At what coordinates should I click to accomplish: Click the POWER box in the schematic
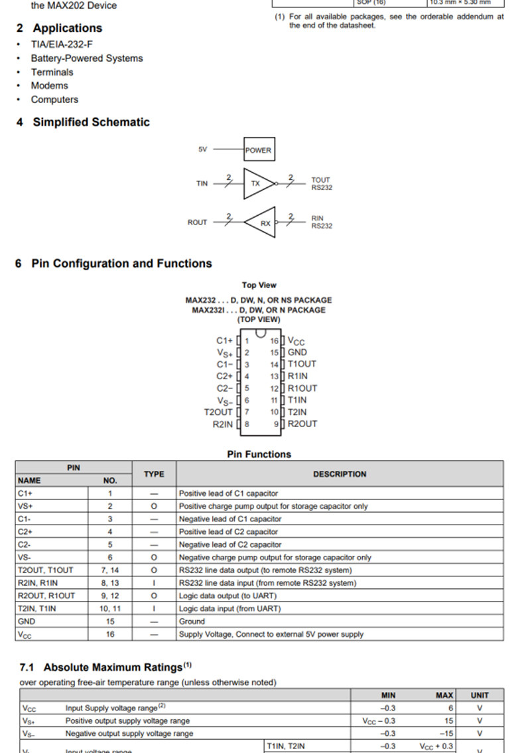[258, 150]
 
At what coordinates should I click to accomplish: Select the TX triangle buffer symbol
[256, 183]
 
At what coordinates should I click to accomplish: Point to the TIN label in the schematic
[202, 183]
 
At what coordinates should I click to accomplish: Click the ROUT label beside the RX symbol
[197, 222]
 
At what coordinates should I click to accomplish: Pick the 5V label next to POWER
[202, 149]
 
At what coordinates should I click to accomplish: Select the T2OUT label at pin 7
[218, 412]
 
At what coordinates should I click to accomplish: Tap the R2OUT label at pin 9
[302, 424]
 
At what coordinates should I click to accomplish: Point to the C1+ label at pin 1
[225, 341]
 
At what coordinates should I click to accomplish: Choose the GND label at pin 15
[297, 353]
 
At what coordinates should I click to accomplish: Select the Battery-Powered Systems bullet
[86, 58]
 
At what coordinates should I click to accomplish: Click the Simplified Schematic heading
[91, 122]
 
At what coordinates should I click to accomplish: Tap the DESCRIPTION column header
[340, 474]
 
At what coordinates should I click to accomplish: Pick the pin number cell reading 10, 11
[110, 608]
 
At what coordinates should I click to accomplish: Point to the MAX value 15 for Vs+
[449, 720]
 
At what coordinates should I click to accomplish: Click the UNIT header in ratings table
[480, 695]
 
